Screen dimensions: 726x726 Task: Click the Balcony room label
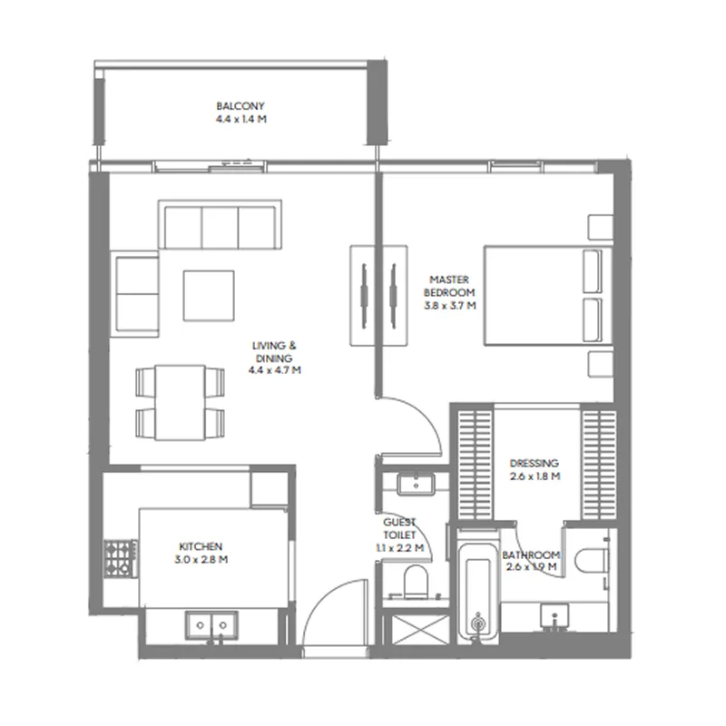[x=240, y=106]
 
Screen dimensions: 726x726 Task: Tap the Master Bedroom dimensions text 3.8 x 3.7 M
[x=450, y=306]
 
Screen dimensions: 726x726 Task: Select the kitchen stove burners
[x=120, y=559]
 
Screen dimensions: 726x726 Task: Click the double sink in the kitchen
[x=211, y=625]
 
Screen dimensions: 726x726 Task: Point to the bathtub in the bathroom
[x=478, y=587]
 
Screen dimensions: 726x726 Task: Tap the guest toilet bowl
[x=416, y=583]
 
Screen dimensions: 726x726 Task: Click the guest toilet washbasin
[x=416, y=485]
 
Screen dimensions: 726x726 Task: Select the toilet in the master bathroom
[x=592, y=560]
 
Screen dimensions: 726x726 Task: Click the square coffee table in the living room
[x=209, y=296]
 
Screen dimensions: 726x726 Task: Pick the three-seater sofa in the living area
[x=220, y=225]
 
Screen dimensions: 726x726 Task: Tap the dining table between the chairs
[x=180, y=402]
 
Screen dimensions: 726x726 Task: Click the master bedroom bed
[x=548, y=296]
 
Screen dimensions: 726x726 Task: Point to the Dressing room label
[x=535, y=463]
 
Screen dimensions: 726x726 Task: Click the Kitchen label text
[x=201, y=546]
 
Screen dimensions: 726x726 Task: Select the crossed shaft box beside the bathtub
[x=420, y=629]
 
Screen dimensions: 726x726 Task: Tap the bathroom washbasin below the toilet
[x=554, y=616]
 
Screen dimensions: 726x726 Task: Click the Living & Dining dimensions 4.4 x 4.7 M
[x=275, y=370]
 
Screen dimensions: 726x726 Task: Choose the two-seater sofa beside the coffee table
[x=135, y=294]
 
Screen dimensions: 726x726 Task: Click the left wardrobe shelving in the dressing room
[x=476, y=465]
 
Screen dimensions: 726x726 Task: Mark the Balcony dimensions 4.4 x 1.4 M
[x=241, y=119]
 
